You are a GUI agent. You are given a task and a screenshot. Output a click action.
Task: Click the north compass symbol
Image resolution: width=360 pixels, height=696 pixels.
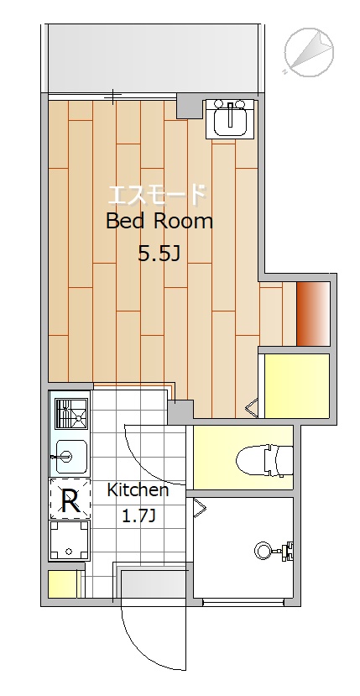point(309,51)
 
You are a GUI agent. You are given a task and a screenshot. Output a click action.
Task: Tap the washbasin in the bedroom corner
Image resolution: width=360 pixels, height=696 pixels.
point(230,119)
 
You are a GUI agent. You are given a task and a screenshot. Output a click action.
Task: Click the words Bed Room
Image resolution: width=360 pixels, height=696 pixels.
point(159,221)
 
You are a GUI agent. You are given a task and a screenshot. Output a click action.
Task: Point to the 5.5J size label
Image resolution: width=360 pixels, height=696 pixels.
point(159,254)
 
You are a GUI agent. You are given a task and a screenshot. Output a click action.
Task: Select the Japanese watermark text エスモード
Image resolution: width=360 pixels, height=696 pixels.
point(158,195)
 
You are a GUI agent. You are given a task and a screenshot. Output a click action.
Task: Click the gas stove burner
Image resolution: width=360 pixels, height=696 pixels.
point(72,414)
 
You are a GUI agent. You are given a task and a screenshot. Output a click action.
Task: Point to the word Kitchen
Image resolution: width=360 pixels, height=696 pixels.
point(138,490)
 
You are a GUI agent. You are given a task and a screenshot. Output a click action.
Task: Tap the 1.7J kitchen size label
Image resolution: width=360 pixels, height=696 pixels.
point(138,516)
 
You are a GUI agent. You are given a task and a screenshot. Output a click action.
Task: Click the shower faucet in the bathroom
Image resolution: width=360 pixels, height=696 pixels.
point(275,551)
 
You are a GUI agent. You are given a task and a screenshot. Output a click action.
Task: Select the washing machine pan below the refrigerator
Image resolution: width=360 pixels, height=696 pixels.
point(70,539)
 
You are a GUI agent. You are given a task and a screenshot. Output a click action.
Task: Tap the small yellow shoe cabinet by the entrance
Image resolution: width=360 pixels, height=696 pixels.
point(62,583)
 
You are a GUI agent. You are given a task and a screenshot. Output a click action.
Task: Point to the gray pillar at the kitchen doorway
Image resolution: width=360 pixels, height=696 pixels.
point(180,411)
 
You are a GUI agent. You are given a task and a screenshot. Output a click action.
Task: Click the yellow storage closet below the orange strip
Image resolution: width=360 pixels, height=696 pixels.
point(297,385)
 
